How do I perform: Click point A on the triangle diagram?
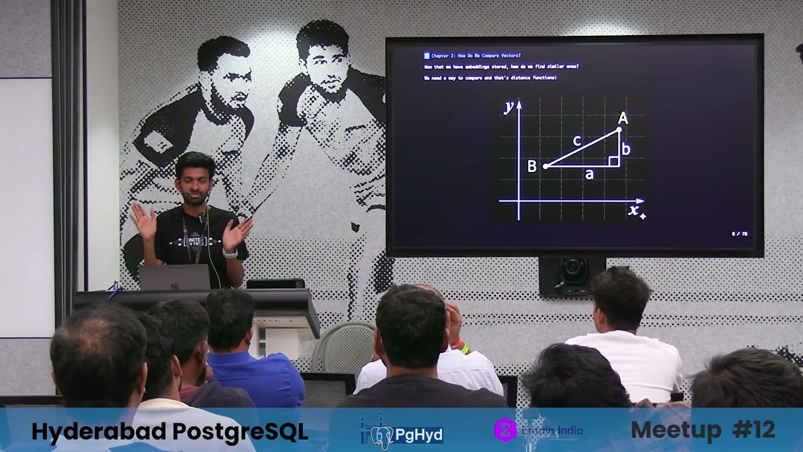click(619, 129)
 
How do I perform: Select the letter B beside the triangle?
click(532, 166)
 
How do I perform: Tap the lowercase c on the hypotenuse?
click(577, 141)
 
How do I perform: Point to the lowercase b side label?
click(625, 149)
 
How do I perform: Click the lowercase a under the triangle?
click(588, 175)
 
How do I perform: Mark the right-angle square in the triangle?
click(614, 161)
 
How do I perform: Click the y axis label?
click(509, 107)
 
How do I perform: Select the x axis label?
click(634, 209)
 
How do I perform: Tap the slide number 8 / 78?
click(740, 234)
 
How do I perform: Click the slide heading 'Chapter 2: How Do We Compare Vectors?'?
click(476, 56)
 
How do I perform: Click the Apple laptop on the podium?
click(174, 277)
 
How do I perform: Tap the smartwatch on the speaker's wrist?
click(230, 254)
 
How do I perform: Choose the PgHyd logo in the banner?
click(406, 433)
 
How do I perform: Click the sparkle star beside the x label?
click(642, 216)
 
